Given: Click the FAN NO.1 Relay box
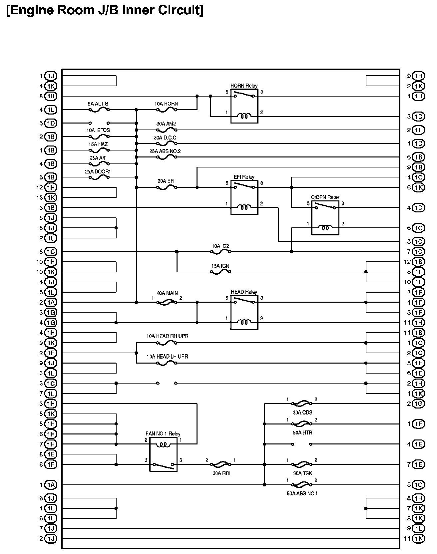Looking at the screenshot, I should (163, 454).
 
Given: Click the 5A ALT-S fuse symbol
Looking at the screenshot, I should (99, 110).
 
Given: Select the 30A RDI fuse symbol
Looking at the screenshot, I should (220, 464).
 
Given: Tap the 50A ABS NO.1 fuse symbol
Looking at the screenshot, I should (302, 485).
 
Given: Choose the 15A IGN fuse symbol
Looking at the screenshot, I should (220, 272).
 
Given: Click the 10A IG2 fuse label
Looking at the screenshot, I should (220, 246).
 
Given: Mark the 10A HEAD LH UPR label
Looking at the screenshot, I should (167, 357).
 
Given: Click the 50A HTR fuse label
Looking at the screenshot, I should (302, 432).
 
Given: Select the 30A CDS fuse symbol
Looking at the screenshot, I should (302, 404).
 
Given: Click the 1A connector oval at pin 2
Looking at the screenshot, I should (51, 302).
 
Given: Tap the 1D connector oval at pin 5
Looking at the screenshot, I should (51, 123).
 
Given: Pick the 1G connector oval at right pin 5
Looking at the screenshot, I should (418, 485).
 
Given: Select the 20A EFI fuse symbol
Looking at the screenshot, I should (167, 187).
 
